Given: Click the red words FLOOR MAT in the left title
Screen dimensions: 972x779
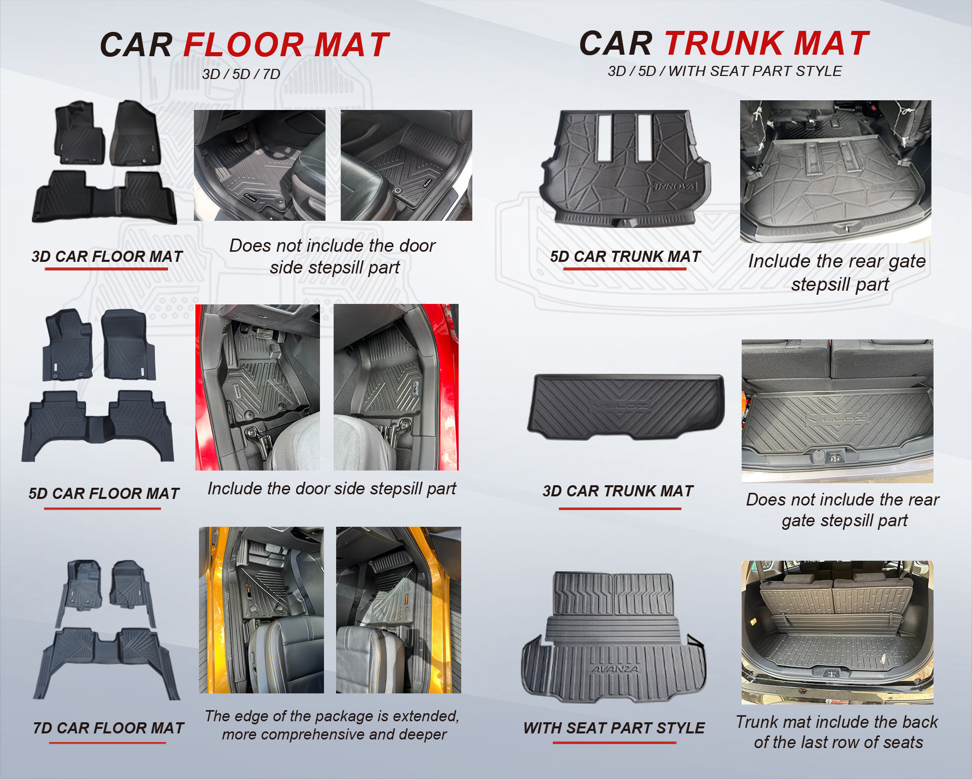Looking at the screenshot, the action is pos(287,45).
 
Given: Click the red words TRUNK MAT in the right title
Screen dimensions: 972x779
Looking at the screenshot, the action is pos(767,43).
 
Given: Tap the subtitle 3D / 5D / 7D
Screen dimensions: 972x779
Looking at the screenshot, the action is pos(241,74).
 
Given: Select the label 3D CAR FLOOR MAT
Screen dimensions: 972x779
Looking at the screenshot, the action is pos(107,256).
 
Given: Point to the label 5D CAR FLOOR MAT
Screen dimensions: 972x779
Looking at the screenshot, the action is pos(104,493).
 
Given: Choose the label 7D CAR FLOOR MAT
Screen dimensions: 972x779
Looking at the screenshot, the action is pos(108,728).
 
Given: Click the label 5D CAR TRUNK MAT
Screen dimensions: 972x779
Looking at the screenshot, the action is pos(626,256).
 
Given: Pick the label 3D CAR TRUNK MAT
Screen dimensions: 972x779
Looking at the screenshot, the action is pos(618,491).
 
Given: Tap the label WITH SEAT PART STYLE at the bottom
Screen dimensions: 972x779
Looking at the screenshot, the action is pos(614,728).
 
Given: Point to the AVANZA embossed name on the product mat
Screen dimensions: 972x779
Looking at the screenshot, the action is pos(615,669).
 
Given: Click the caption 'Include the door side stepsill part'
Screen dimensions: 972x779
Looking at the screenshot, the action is pos(332,489).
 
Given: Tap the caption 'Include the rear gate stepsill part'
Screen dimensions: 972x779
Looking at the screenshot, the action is pos(837,272).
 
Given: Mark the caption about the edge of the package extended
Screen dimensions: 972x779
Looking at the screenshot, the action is pos(332,725).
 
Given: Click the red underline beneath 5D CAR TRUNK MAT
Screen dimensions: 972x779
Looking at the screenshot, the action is pos(625,268).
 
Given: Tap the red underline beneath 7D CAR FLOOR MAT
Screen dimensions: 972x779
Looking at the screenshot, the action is pos(107,743).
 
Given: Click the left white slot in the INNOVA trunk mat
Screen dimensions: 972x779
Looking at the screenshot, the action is pos(605,138).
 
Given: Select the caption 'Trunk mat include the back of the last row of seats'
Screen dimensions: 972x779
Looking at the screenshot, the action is pos(837,732).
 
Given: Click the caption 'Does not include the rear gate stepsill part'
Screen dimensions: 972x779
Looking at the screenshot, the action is pos(843,510).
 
